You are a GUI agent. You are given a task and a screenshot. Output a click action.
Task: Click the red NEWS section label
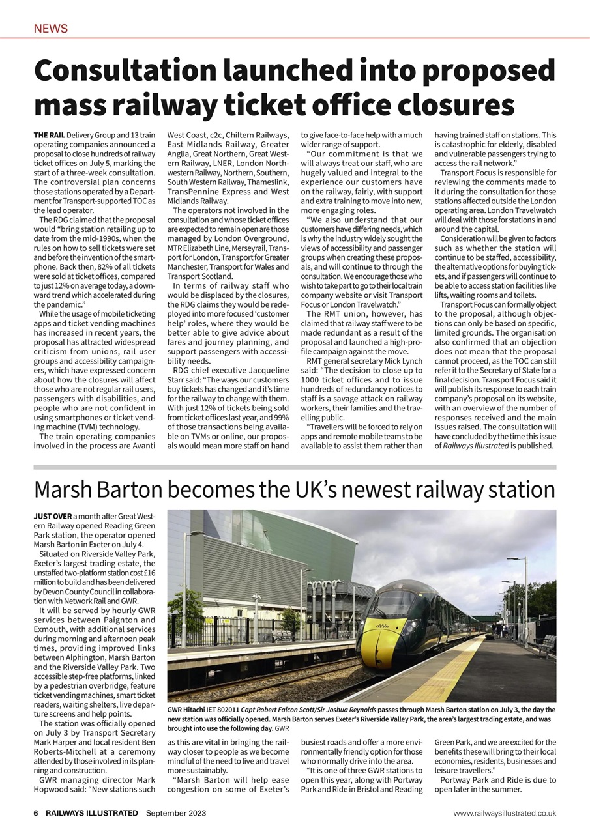click(x=51, y=29)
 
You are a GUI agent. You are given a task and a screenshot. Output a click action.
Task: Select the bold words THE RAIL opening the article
click(x=49, y=135)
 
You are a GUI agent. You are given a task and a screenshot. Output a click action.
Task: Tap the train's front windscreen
click(x=393, y=604)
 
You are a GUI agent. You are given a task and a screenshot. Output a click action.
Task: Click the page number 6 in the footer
click(x=37, y=813)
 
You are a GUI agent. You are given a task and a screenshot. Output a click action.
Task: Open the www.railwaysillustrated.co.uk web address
click(x=505, y=813)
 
